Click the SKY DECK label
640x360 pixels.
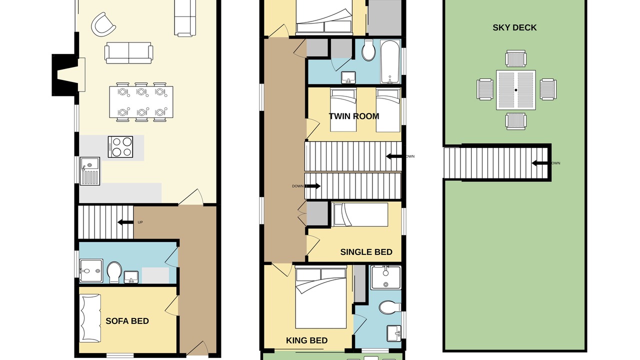pyautogui.click(x=514, y=27)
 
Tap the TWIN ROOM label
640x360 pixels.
pyautogui.click(x=354, y=116)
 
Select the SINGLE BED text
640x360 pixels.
pyautogui.click(x=366, y=252)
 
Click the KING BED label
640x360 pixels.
pyautogui.click(x=307, y=340)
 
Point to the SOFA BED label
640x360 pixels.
pyautogui.click(x=127, y=321)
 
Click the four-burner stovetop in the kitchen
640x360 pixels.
pyautogui.click(x=120, y=147)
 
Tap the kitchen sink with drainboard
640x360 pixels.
pyautogui.click(x=89, y=171)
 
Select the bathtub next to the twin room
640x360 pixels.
pyautogui.click(x=390, y=62)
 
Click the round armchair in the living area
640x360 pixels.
pyautogui.click(x=103, y=24)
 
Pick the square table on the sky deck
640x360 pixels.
pyautogui.click(x=516, y=90)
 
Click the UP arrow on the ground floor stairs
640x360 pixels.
pyautogui.click(x=125, y=222)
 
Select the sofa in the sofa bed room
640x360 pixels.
pyautogui.click(x=90, y=318)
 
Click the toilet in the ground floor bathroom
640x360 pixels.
pyautogui.click(x=114, y=272)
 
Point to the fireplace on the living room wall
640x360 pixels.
pyautogui.click(x=68, y=75)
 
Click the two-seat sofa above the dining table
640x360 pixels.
pyautogui.click(x=128, y=53)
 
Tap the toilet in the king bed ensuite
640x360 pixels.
pyautogui.click(x=390, y=307)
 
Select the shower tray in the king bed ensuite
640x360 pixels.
pyautogui.click(x=386, y=277)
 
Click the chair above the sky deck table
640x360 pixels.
pyautogui.click(x=515, y=58)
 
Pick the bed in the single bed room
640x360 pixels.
pyautogui.click(x=360, y=214)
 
